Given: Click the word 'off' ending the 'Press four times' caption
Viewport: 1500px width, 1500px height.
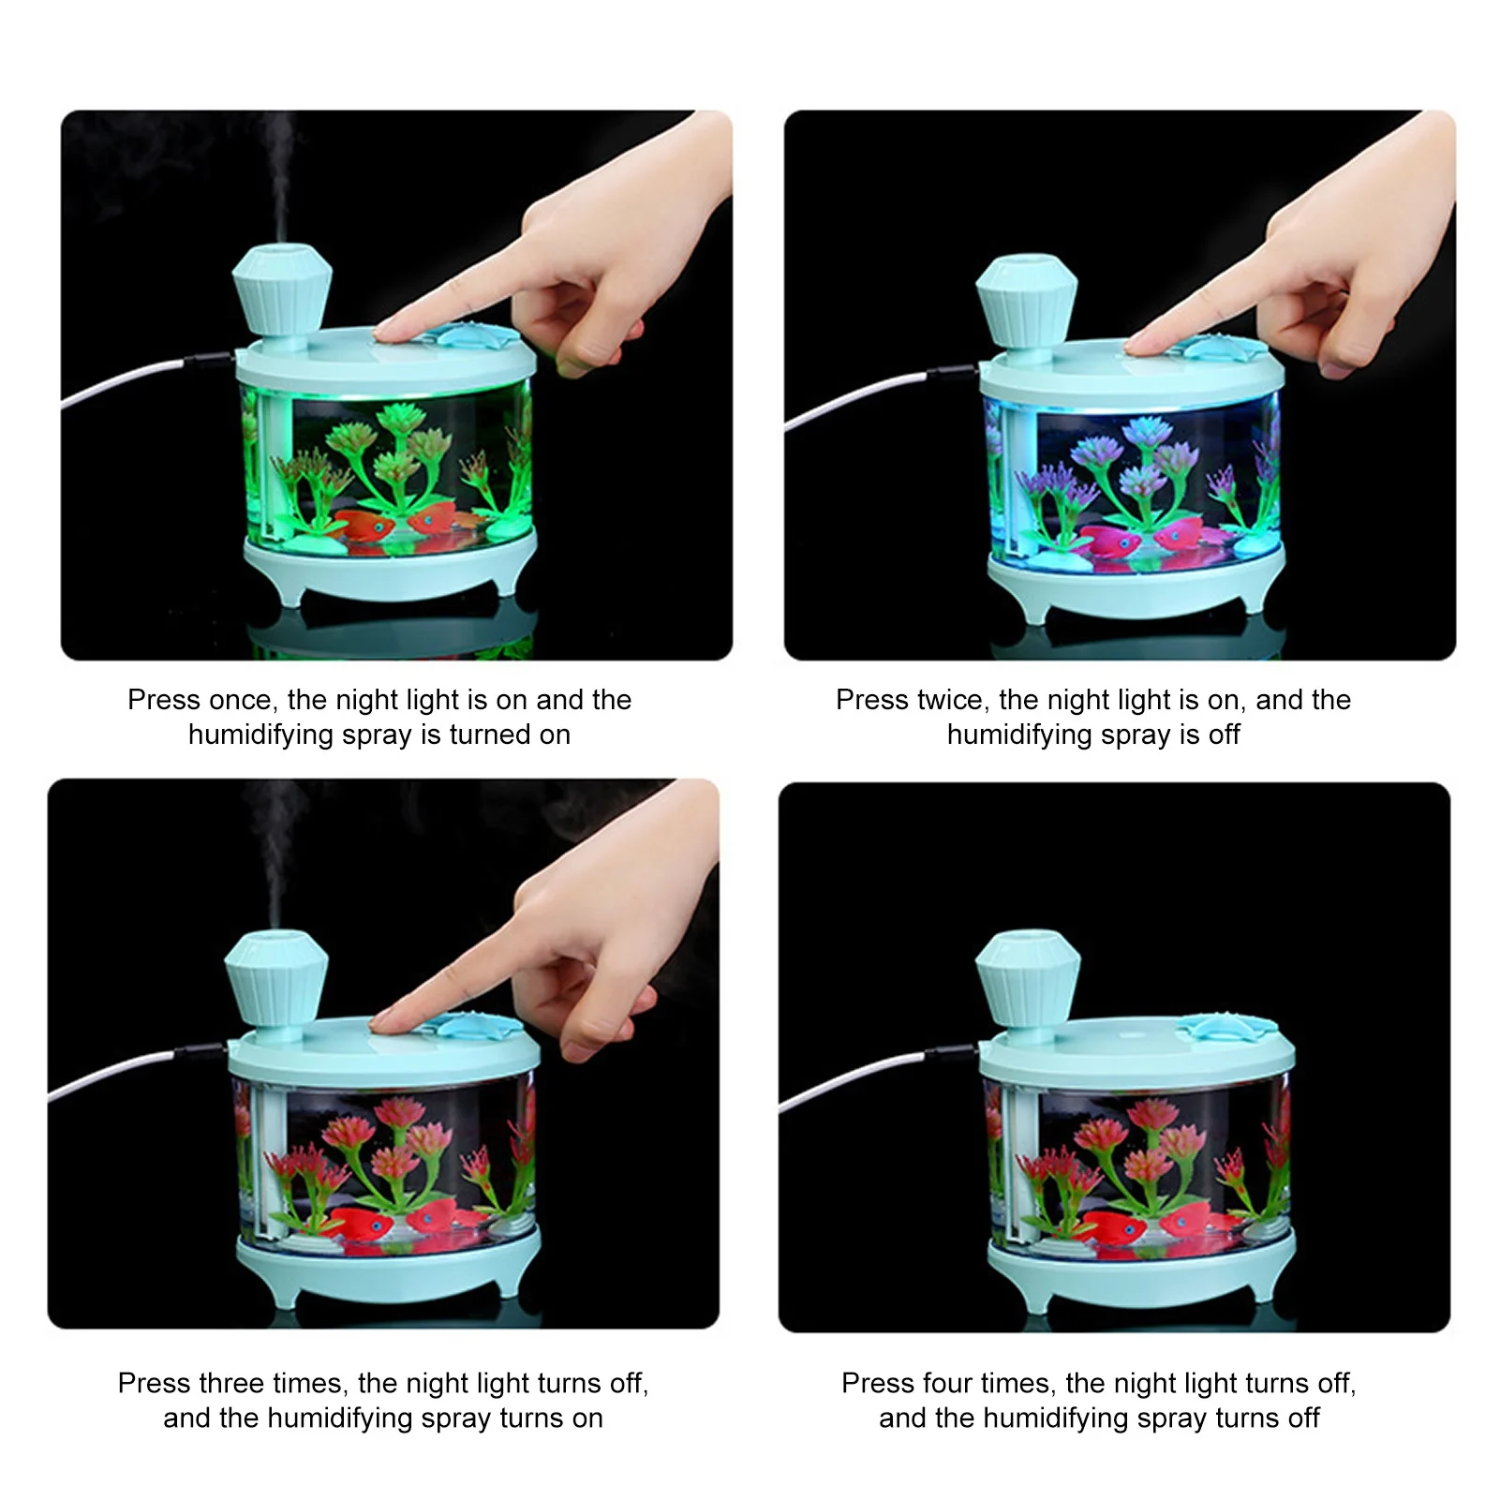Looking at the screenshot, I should click(x=1303, y=1418).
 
